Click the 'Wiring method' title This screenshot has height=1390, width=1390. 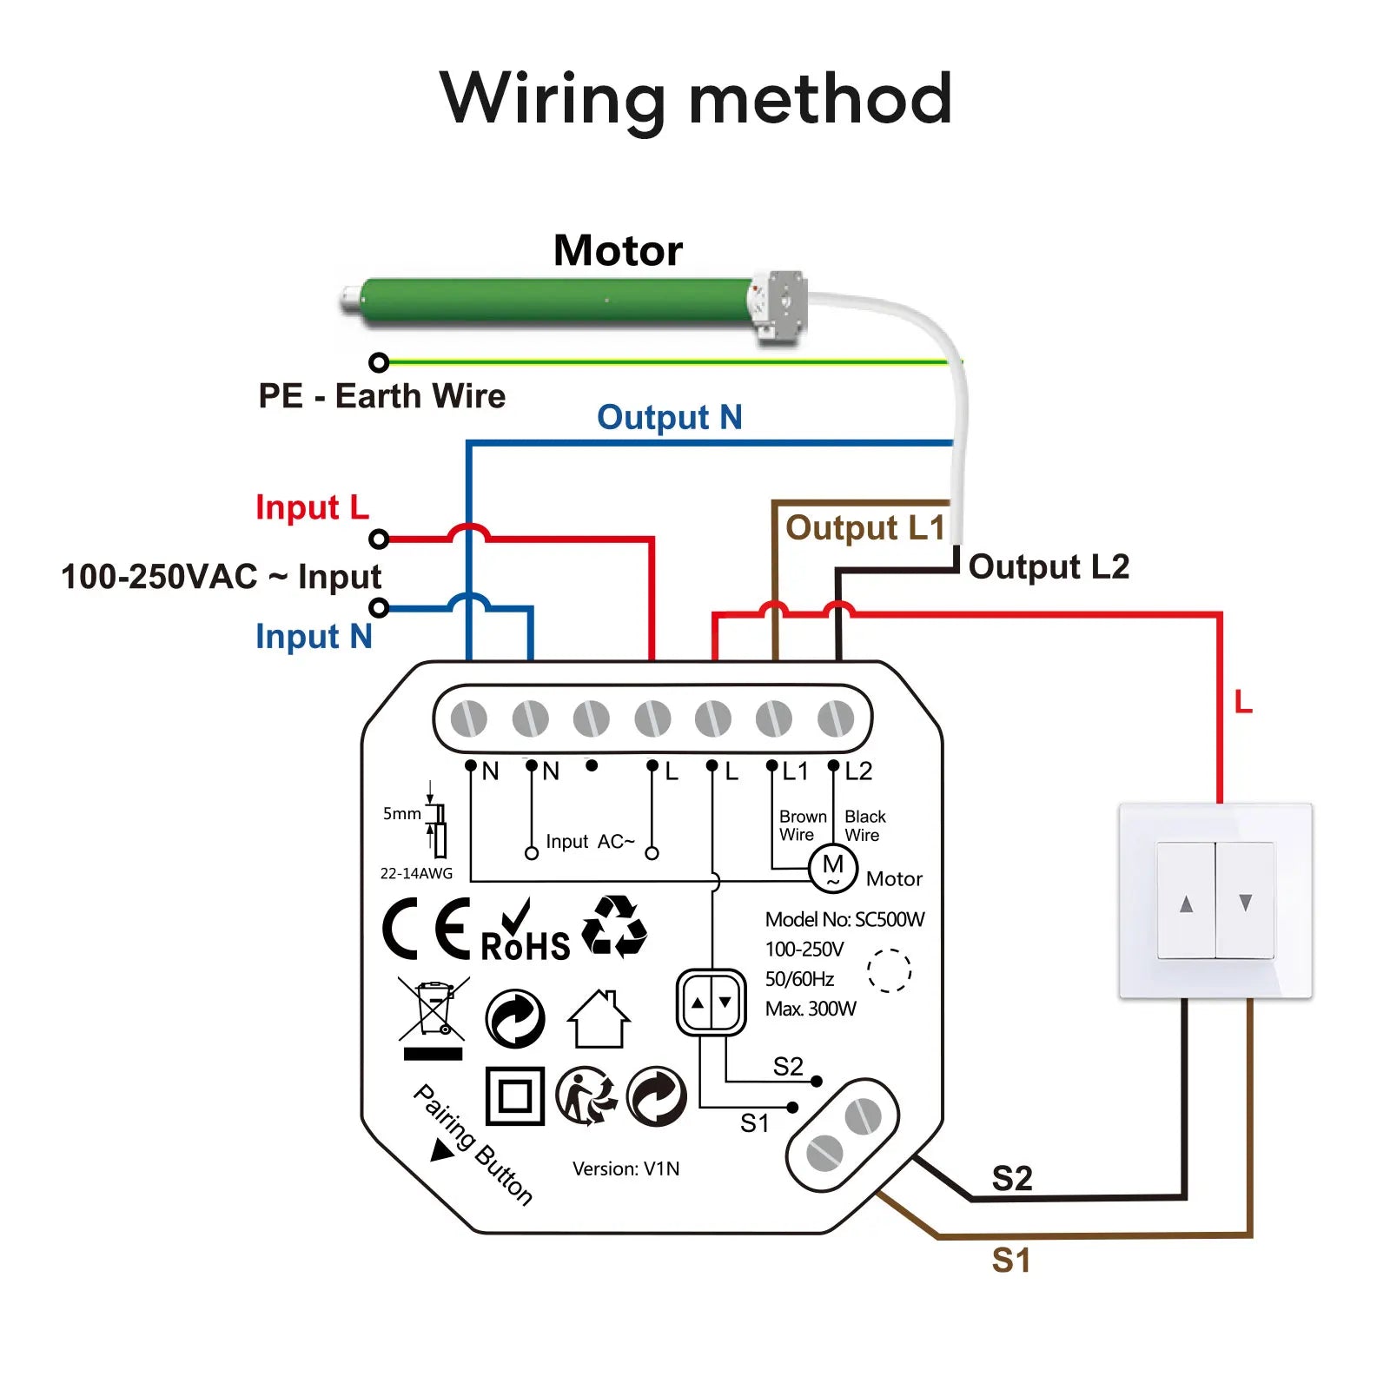pos(696,99)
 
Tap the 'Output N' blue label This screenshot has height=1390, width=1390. pos(669,418)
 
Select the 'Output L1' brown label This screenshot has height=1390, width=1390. pos(864,528)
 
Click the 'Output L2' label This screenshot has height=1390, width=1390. pos(1049,566)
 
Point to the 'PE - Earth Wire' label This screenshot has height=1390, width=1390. pos(381,396)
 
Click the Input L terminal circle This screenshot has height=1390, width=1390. pos(379,539)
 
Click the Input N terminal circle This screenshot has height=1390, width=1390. pos(379,607)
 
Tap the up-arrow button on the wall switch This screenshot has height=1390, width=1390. pos(1186,901)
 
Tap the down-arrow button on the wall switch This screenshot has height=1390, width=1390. pos(1245,901)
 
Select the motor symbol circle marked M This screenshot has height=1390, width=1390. pos(832,867)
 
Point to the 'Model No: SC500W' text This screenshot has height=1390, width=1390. pos(844,919)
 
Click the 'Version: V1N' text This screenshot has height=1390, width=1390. pos(625,1169)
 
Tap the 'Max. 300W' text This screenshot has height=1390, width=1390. pos(810,1009)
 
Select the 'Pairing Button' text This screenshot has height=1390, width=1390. pos(473,1144)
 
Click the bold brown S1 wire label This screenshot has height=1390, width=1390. pos(1011,1260)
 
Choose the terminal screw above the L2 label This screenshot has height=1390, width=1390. pos(835,719)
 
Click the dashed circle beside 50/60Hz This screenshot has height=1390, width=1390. pos(889,970)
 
